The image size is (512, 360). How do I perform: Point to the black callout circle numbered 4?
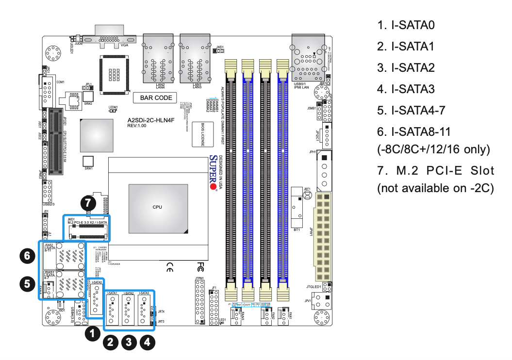coord(148,342)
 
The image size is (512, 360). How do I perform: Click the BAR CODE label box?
coord(156,98)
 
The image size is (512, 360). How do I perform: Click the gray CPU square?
coord(157,207)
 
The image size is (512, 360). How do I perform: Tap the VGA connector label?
coord(124,45)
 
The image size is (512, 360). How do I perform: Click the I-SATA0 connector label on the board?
coord(96,282)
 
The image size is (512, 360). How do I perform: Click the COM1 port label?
coord(61,82)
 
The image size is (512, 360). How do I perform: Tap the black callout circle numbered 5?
coord(27,283)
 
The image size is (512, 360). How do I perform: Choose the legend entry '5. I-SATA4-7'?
coord(411,110)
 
